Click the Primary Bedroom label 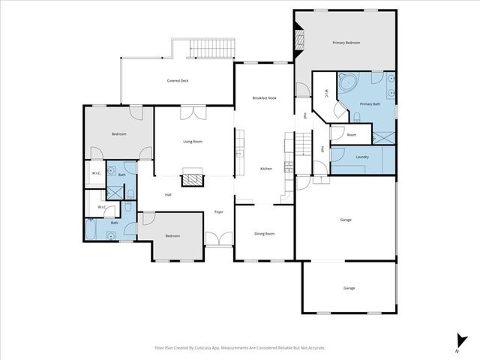[346, 43]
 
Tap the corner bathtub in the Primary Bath [347, 82]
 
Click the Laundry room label [361, 157]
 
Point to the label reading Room [352, 135]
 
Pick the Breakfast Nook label [264, 98]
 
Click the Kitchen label [265, 169]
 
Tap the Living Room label [193, 141]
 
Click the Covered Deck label [177, 80]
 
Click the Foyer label [219, 211]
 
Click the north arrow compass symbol [457, 342]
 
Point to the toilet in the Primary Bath [357, 117]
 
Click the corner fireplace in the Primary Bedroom [299, 37]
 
